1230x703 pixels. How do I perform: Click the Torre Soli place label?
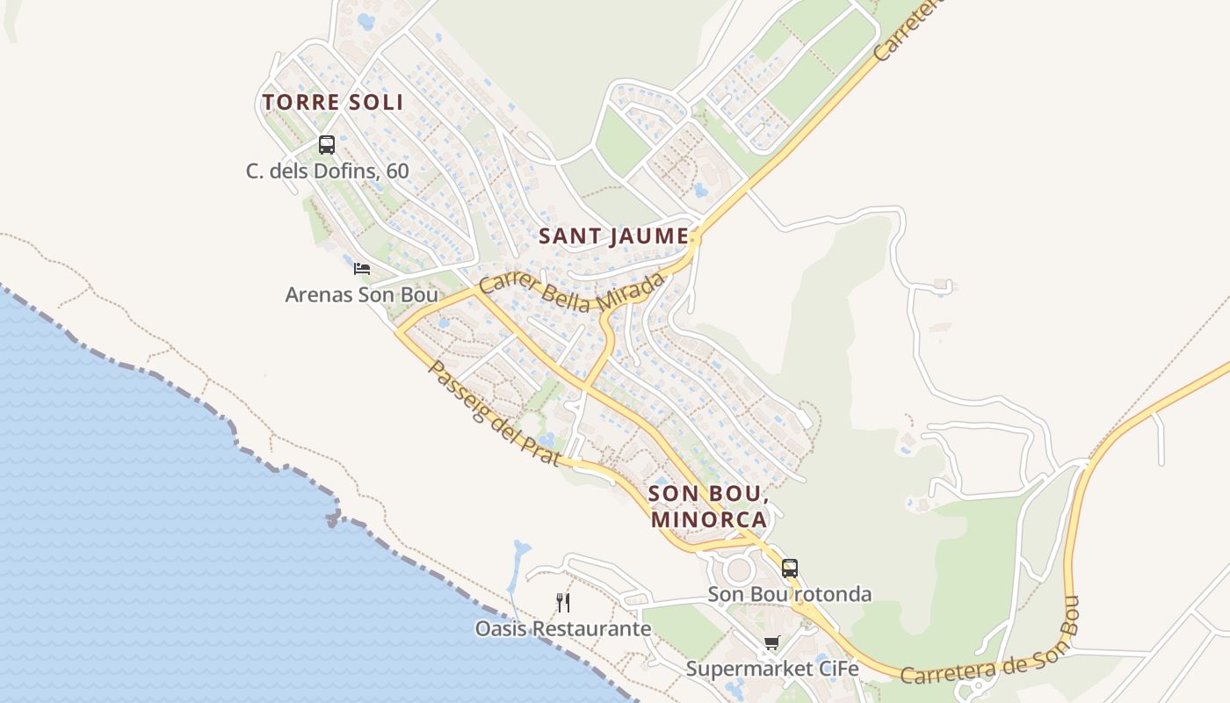pyautogui.click(x=333, y=102)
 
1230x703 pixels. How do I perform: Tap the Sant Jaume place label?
pyautogui.click(x=612, y=236)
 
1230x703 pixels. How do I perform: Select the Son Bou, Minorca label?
pyautogui.click(x=709, y=506)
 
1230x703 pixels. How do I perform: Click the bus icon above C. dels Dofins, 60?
pyautogui.click(x=327, y=144)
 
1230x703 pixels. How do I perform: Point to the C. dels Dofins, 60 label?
pyautogui.click(x=327, y=170)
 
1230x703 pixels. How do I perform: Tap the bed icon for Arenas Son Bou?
pyautogui.click(x=361, y=268)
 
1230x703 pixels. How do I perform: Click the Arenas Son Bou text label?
pyautogui.click(x=361, y=294)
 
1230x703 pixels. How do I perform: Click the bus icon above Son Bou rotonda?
pyautogui.click(x=790, y=568)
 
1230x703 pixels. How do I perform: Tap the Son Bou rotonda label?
pyautogui.click(x=790, y=594)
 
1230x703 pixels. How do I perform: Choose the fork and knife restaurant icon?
pyautogui.click(x=563, y=602)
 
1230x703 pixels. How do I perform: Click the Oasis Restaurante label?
pyautogui.click(x=563, y=628)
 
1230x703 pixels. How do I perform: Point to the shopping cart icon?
pyautogui.click(x=771, y=642)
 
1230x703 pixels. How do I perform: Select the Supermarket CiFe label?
pyautogui.click(x=771, y=669)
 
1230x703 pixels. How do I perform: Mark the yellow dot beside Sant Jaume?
pyautogui.click(x=694, y=236)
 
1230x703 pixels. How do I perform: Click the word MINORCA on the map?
pyautogui.click(x=709, y=519)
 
